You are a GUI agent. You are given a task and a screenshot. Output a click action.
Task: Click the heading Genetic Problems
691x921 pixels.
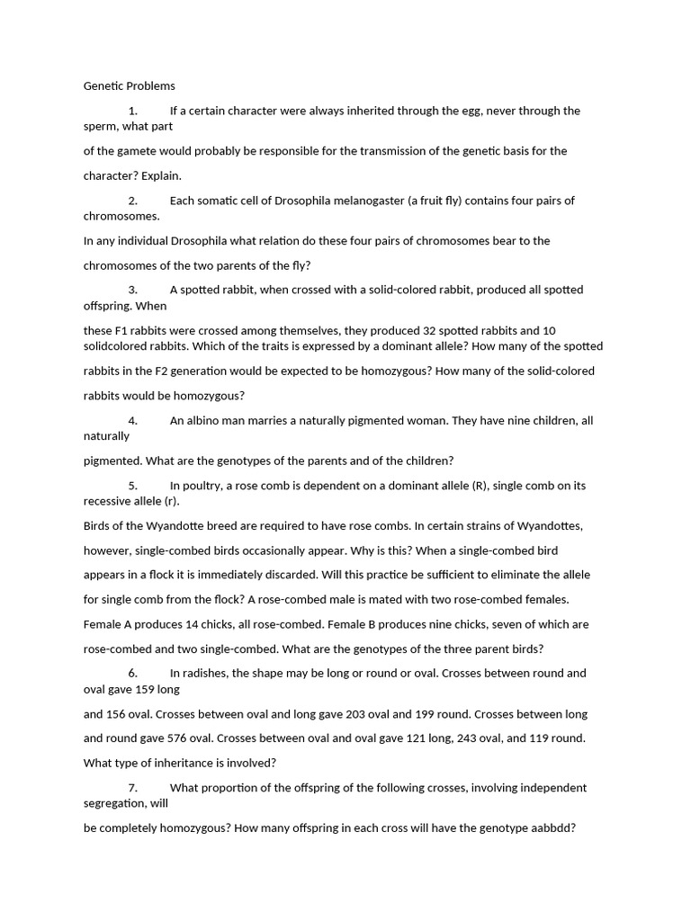(x=130, y=86)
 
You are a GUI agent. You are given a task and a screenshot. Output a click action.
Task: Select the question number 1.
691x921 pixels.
(x=132, y=111)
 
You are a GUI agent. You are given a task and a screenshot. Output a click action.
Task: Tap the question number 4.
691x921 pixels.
(x=132, y=420)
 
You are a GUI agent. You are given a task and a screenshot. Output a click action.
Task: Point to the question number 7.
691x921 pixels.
(x=132, y=787)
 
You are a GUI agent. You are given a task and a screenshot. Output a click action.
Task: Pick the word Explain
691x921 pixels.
(x=161, y=175)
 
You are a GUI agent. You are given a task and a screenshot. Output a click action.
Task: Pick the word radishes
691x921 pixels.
(x=210, y=672)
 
